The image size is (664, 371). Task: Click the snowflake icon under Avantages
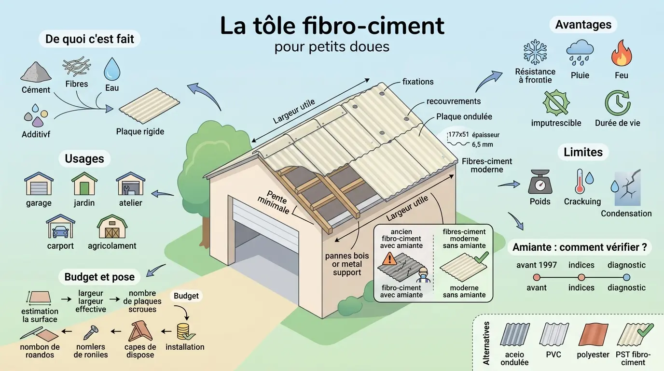[x=535, y=52]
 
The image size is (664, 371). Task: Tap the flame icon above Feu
[x=621, y=53]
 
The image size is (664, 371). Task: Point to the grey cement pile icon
[x=36, y=72]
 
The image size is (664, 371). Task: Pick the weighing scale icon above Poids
[x=539, y=182]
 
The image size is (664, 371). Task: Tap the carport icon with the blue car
[x=60, y=227]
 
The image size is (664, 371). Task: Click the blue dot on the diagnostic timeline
[x=626, y=277]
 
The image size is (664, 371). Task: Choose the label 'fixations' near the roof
[x=417, y=82]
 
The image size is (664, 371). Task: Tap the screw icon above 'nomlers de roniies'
[x=91, y=332]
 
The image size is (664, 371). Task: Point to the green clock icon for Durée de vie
[x=617, y=102]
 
